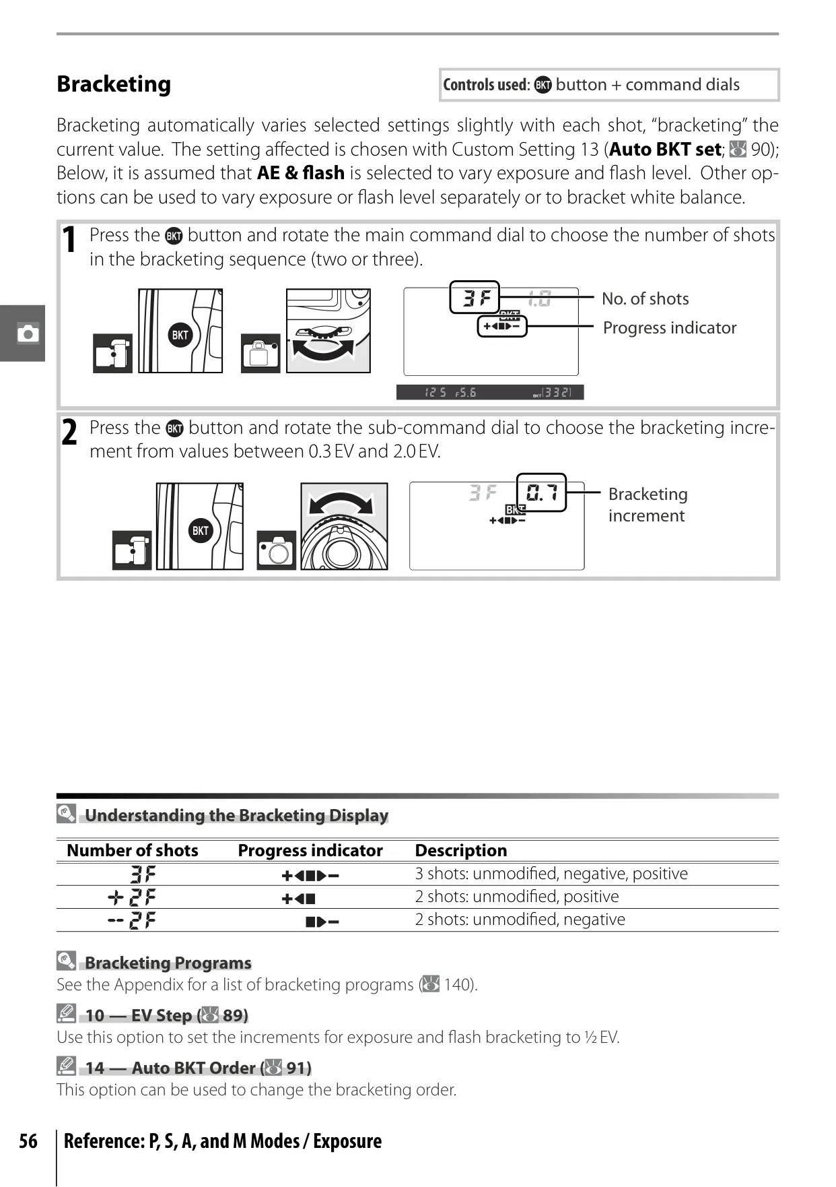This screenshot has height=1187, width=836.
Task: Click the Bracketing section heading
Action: point(114,84)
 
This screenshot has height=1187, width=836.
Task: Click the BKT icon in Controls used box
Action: point(543,85)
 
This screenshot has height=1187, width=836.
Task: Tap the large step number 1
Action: point(69,240)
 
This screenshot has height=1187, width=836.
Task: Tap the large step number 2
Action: point(69,432)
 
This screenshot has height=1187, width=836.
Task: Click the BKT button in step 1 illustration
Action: point(180,335)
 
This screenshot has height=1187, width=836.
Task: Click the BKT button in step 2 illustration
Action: point(201,530)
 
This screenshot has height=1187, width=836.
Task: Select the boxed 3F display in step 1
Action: point(475,297)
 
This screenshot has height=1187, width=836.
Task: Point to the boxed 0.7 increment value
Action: point(542,492)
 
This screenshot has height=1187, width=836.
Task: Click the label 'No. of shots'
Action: point(646,298)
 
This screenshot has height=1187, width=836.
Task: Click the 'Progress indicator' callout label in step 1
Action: point(670,327)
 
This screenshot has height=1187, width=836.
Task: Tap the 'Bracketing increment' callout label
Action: point(648,505)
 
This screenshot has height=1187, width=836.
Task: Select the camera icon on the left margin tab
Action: point(28,333)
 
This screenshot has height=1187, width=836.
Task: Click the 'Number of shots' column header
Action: point(133,850)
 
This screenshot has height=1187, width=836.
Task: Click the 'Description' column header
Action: point(461,850)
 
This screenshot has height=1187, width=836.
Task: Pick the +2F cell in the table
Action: point(132,897)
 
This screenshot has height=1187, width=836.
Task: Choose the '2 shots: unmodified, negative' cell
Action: point(520,920)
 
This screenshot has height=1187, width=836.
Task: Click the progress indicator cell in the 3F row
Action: point(310,876)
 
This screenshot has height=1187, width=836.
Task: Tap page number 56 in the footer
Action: point(28,1141)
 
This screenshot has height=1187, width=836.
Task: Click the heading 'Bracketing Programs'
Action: point(168,963)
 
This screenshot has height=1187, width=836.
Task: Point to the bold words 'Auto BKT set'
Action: point(665,149)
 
